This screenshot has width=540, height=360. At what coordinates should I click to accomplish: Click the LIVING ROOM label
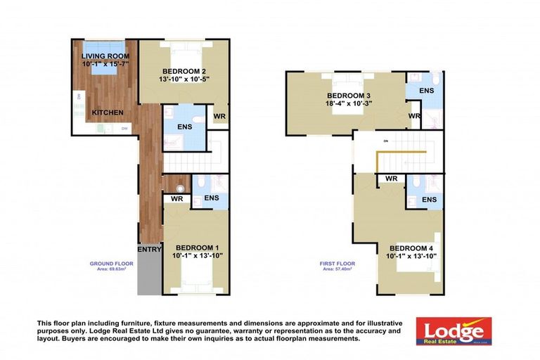pyautogui.click(x=103, y=56)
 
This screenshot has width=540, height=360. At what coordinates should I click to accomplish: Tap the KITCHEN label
pyautogui.click(x=108, y=112)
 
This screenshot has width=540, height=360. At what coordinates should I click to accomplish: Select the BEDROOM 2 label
pyautogui.click(x=184, y=71)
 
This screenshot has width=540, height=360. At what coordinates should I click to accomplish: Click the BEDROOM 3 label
pyautogui.click(x=348, y=96)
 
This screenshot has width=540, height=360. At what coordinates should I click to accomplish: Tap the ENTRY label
pyautogui.click(x=149, y=249)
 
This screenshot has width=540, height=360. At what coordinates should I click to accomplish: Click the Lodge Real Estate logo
pyautogui.click(x=454, y=331)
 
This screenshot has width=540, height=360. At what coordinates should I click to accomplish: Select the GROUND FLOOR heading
pyautogui.click(x=111, y=264)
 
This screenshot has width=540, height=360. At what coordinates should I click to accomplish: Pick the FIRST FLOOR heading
pyautogui.click(x=337, y=264)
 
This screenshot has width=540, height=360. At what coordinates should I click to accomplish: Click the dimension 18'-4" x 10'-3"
pyautogui.click(x=348, y=103)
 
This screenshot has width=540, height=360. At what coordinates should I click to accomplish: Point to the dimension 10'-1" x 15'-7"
pyautogui.click(x=103, y=64)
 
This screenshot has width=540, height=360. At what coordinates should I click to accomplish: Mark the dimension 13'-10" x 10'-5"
pyautogui.click(x=184, y=79)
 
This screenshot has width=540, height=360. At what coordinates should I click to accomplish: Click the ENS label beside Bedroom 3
pyautogui.click(x=426, y=91)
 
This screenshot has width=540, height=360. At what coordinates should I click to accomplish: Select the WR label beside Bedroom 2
pyautogui.click(x=219, y=115)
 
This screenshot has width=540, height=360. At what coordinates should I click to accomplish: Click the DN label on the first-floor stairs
pyautogui.click(x=385, y=142)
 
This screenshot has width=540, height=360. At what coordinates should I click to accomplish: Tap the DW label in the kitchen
pyautogui.click(x=124, y=128)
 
